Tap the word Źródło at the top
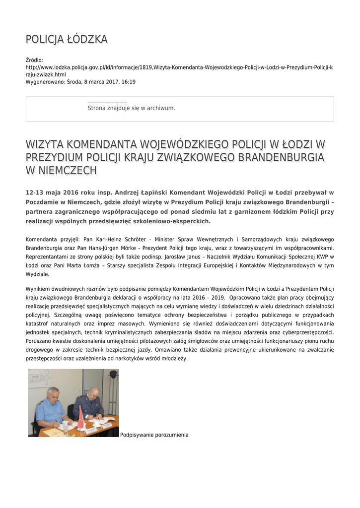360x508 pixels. [x=34, y=60]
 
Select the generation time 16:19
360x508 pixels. [x=129, y=82]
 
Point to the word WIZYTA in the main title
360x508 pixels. [x=44, y=144]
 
